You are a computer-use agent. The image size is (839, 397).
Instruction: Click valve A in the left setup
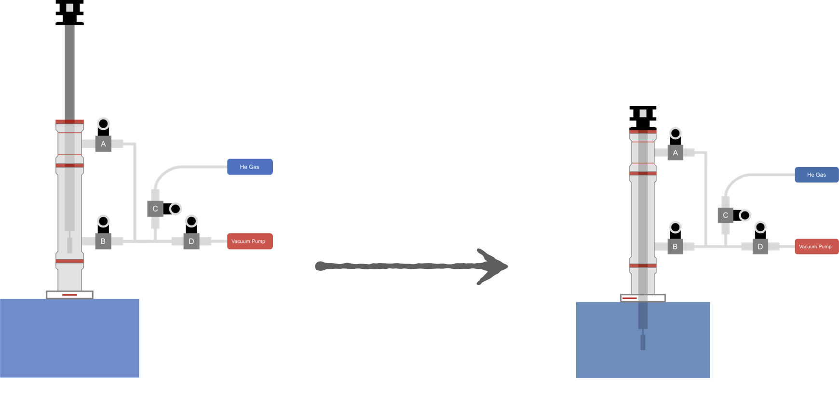103,144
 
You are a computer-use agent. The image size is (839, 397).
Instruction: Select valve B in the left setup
103,241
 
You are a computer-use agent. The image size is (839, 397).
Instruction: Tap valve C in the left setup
155,209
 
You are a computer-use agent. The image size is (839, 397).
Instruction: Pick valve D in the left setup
191,241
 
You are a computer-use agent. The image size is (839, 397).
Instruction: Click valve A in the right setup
675,153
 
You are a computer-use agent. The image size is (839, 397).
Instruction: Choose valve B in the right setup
675,246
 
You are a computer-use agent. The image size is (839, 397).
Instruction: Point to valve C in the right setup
725,215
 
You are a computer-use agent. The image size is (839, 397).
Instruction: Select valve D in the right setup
760,247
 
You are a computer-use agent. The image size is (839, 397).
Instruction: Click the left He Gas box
250,167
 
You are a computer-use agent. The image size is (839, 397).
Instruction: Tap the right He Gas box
816,175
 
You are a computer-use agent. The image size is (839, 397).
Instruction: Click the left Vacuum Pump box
249,241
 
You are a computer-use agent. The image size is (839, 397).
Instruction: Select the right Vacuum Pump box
816,247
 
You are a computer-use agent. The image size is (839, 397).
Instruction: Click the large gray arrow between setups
410,266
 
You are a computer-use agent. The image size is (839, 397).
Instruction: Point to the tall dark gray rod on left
70,72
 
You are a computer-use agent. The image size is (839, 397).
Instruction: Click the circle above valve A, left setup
103,124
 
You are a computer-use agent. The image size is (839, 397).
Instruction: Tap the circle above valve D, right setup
760,227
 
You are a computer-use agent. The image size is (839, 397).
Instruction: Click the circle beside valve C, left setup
176,209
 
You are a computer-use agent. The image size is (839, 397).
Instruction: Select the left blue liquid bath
70,337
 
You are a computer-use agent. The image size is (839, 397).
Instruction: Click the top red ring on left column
69,122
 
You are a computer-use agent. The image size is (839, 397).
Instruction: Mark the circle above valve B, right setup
675,227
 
